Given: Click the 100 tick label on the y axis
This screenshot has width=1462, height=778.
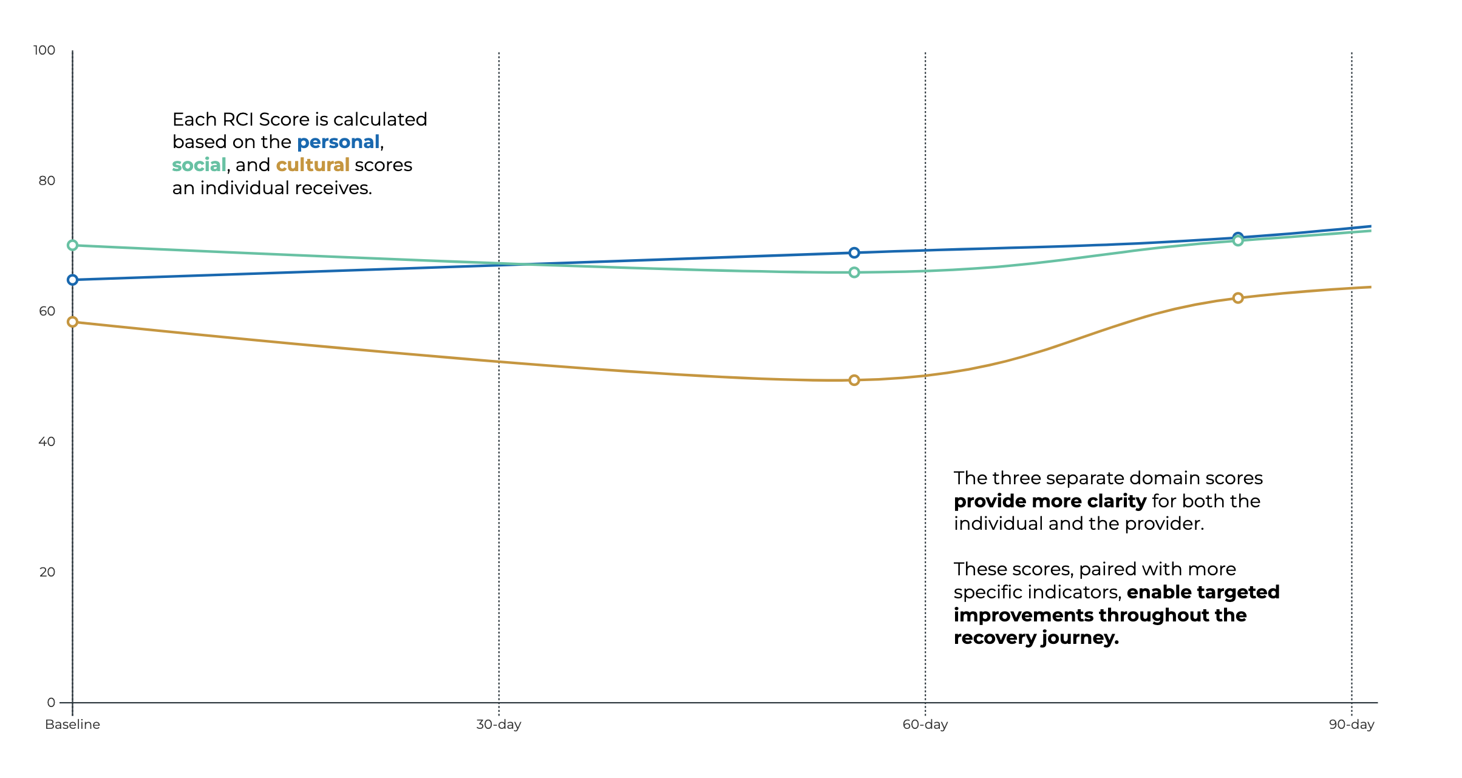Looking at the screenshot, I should tap(44, 50).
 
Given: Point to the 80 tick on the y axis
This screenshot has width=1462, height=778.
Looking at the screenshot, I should tap(47, 181).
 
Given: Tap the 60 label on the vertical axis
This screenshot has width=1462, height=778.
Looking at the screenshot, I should tap(47, 311).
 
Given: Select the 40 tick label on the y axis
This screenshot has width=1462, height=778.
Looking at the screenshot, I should tap(47, 442).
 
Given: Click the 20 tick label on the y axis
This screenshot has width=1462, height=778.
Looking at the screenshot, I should tap(47, 572).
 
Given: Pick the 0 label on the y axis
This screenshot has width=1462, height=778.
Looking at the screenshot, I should tap(51, 703).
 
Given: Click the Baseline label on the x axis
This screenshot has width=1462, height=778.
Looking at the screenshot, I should tap(72, 725).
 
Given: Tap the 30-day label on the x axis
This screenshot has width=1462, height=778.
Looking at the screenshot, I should tap(498, 725).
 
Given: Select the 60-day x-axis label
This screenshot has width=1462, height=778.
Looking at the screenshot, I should tap(925, 725).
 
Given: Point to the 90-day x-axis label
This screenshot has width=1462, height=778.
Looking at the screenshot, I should tap(1351, 725).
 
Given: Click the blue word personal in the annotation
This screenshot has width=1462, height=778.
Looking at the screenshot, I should tap(338, 142).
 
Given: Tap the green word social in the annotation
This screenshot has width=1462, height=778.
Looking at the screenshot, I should tap(199, 165).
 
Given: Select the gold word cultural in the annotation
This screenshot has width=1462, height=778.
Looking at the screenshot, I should tap(313, 165).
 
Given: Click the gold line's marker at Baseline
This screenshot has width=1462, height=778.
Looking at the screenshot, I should tap(72, 322).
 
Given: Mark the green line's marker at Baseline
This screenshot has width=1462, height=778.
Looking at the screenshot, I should tap(72, 245).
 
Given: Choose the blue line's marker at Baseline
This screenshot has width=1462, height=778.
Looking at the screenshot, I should tap(72, 280).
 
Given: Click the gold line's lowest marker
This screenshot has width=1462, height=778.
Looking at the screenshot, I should tap(854, 381).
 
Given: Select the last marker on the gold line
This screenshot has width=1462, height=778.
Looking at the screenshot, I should tap(1238, 298).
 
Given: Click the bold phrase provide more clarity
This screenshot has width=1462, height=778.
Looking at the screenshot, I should tap(1050, 501).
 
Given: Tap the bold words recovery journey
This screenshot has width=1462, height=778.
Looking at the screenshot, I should tap(1036, 638).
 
